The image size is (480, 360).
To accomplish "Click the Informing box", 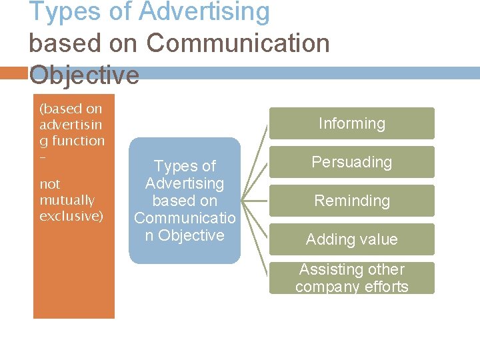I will (351, 123).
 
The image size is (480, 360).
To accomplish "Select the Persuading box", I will (351, 162).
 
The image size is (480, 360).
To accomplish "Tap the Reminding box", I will (351, 201).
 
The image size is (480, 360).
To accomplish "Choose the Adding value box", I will (351, 239).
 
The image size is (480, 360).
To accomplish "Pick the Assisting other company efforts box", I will (351, 278).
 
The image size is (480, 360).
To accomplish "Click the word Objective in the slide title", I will (85, 75).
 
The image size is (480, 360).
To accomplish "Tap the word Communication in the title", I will (238, 43).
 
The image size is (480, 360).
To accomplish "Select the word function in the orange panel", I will (80, 141).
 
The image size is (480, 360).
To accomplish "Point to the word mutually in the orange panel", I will (67, 200).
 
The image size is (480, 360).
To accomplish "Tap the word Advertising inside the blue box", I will (185, 183).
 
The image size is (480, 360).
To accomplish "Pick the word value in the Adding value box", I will (377, 239).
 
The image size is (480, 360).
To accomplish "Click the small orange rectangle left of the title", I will (13, 72).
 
